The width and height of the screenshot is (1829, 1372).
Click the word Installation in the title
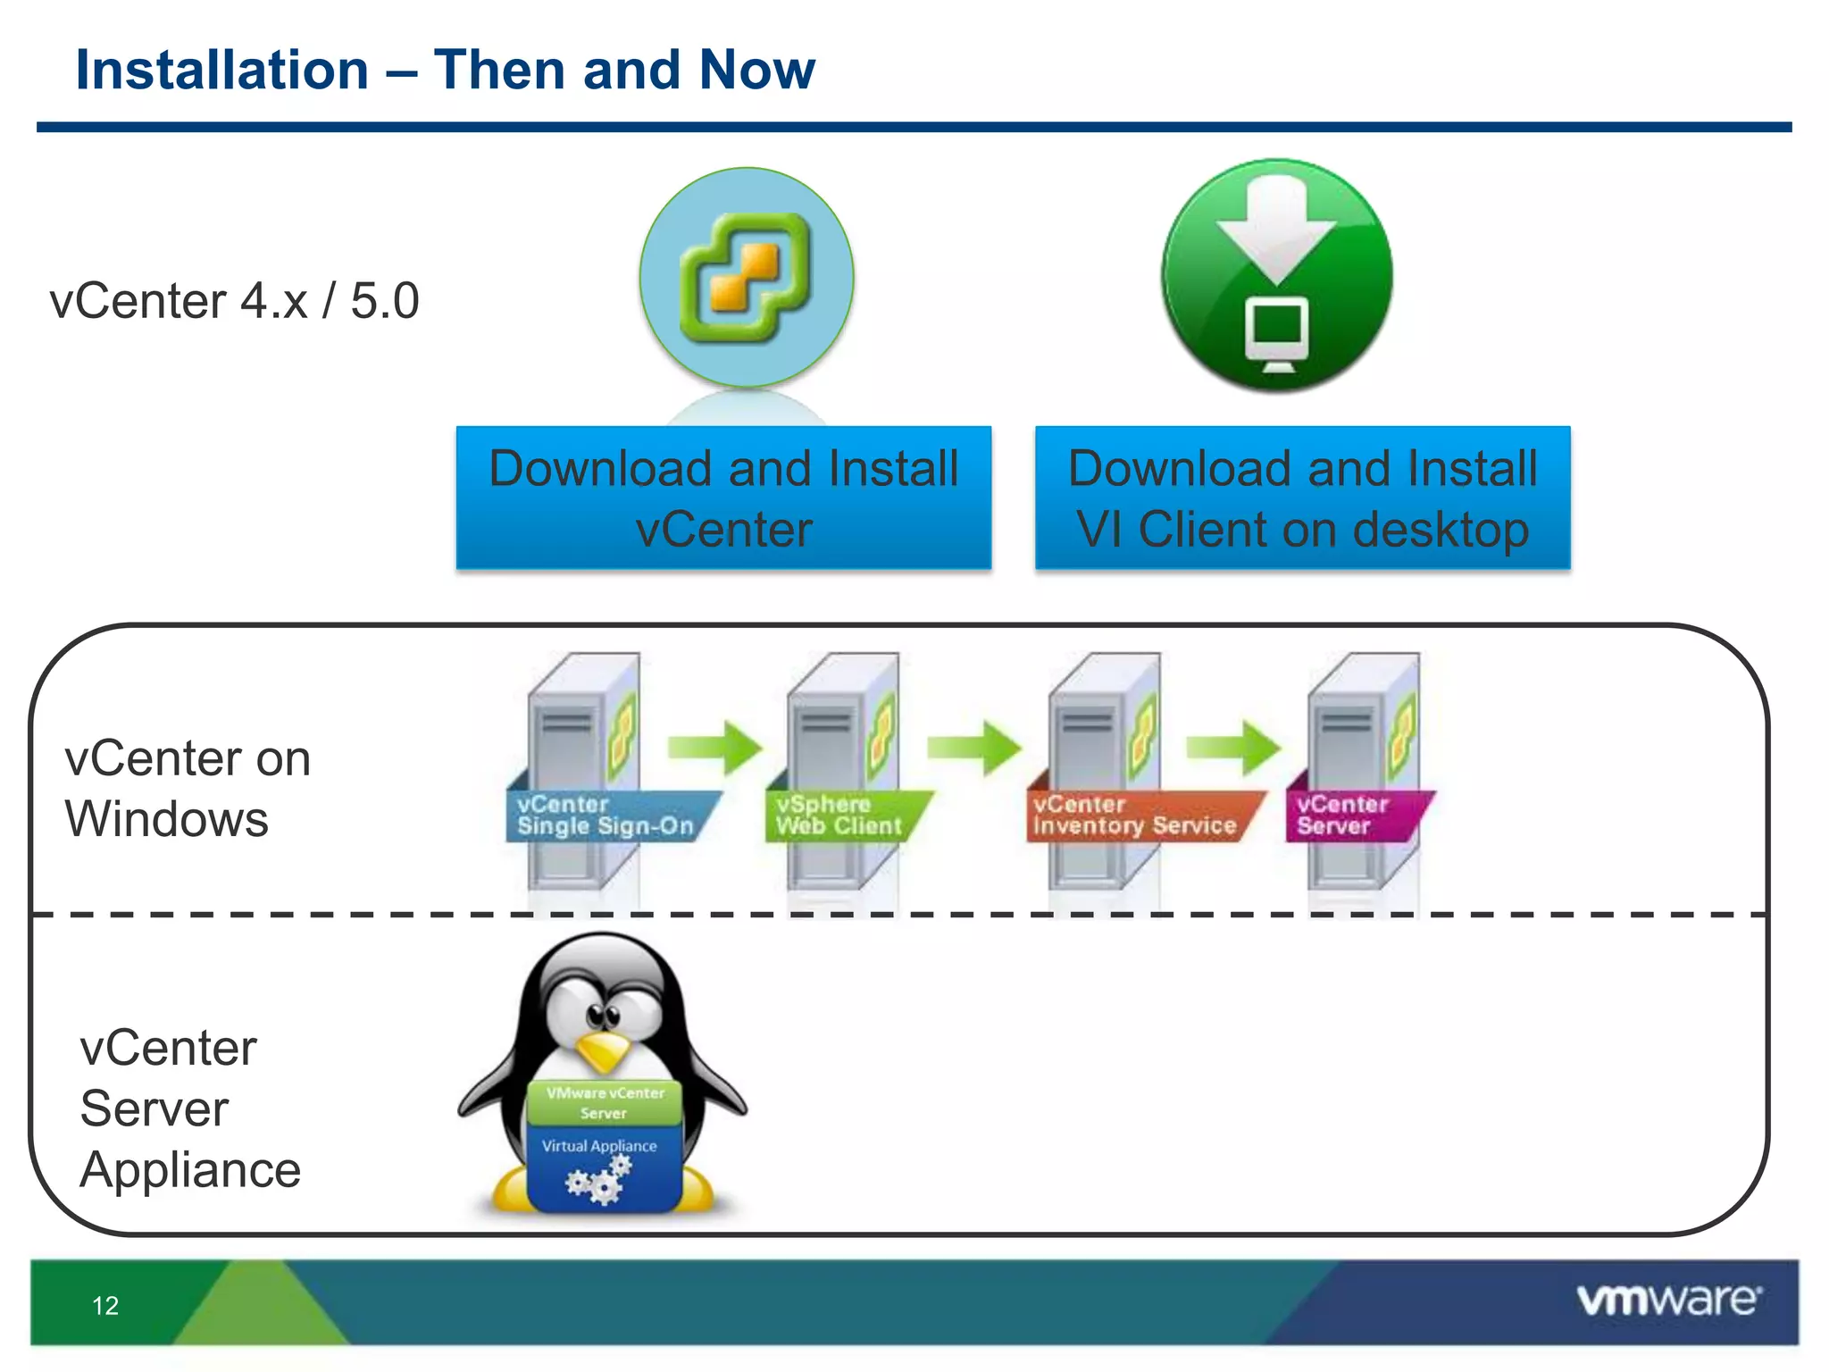pyautogui.click(x=222, y=71)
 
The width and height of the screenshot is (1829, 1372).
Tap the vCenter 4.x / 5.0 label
pyautogui.click(x=234, y=301)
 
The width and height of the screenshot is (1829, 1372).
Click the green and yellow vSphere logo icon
pyautogui.click(x=746, y=278)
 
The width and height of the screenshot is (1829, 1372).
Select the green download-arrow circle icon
pyautogui.click(x=1276, y=275)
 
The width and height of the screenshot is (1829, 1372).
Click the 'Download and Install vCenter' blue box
pyautogui.click(x=723, y=498)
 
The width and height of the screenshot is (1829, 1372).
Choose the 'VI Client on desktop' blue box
pyautogui.click(x=1302, y=498)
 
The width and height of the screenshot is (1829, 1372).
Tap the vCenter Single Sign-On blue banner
pyautogui.click(x=607, y=816)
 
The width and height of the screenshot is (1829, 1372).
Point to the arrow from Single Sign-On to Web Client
pyautogui.click(x=715, y=747)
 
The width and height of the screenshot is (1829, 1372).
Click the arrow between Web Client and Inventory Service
pyautogui.click(x=974, y=747)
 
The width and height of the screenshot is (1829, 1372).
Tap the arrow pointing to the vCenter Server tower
pyautogui.click(x=1233, y=747)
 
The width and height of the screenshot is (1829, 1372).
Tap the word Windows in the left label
pyautogui.click(x=167, y=819)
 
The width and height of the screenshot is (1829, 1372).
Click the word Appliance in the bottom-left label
pyautogui.click(x=190, y=1170)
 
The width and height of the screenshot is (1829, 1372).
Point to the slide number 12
pyautogui.click(x=105, y=1306)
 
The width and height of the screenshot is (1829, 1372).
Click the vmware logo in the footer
pyautogui.click(x=1668, y=1301)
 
